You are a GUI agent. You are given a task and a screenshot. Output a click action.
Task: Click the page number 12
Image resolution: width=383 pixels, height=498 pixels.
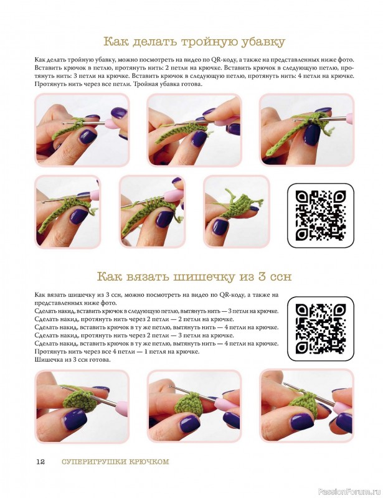(40, 462)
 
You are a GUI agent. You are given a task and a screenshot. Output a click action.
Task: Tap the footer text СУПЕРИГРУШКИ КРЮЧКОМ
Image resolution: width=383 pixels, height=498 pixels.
(115, 462)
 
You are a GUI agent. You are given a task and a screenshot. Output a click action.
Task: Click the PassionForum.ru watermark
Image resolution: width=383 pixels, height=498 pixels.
(349, 492)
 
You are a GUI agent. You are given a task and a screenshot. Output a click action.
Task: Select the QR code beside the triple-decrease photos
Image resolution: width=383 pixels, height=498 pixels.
(321, 215)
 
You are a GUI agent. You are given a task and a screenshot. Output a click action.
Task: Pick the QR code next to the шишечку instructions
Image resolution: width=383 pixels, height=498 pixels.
(321, 329)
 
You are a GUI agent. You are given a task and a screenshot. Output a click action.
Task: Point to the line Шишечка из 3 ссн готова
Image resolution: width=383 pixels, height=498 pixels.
(72, 360)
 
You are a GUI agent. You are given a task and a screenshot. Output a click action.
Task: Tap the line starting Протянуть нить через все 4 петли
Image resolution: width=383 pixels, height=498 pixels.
(117, 352)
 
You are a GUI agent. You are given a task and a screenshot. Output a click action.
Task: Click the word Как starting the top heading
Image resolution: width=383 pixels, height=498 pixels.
(115, 42)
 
